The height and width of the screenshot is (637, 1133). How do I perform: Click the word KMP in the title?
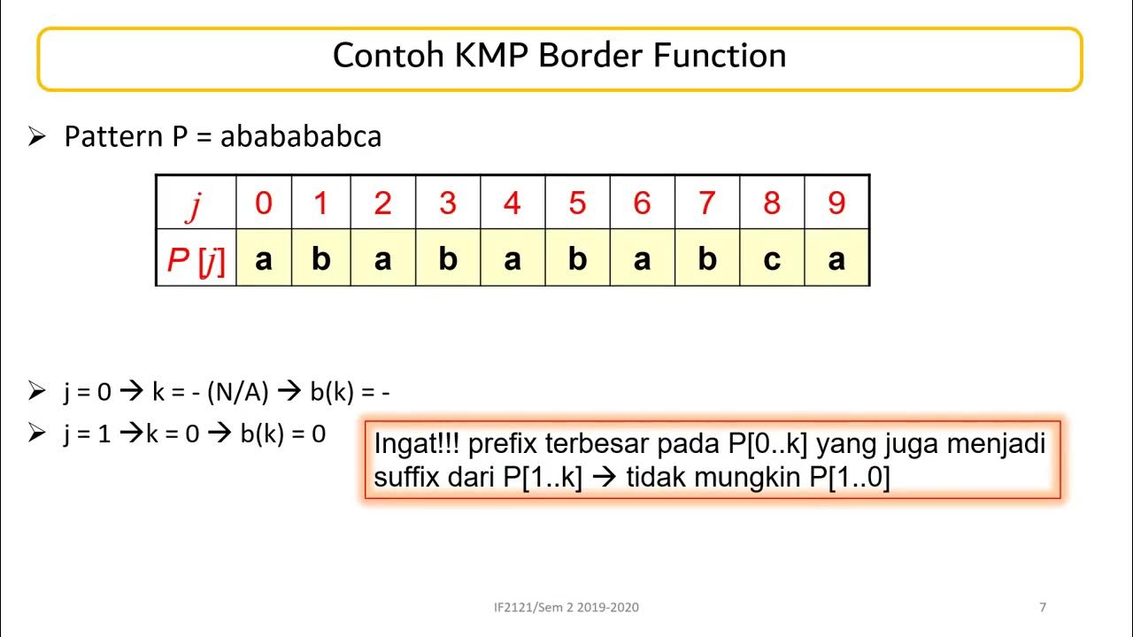[x=491, y=56]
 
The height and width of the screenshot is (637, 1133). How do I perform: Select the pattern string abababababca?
[x=301, y=137]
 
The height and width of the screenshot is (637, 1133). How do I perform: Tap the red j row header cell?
[x=196, y=203]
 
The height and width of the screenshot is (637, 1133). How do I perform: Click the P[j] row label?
[x=196, y=260]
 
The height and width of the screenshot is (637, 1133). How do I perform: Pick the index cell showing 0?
[x=264, y=203]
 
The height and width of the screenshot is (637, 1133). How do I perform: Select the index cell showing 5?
[x=577, y=203]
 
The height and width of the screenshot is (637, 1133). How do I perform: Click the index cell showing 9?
[x=836, y=203]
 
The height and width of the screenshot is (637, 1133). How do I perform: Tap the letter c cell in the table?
[x=772, y=260]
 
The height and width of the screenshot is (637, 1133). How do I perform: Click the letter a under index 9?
[x=836, y=260]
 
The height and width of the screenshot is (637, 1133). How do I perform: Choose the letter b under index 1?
[x=321, y=260]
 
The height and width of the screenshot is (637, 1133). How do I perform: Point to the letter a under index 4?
[x=512, y=260]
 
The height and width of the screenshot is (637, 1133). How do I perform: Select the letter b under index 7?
[x=706, y=260]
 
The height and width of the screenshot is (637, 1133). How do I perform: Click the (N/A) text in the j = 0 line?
[x=237, y=391]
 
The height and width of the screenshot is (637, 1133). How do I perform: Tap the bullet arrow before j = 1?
[x=36, y=434]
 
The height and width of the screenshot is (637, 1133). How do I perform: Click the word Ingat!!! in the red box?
[x=412, y=443]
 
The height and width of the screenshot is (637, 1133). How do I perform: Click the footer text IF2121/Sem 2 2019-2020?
[x=566, y=607]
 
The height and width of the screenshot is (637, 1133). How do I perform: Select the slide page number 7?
[x=1043, y=607]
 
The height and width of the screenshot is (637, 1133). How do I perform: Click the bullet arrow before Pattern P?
[x=36, y=137]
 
